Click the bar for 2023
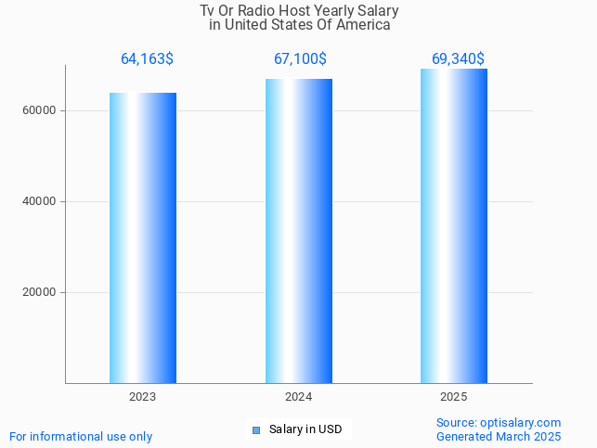point(143,237)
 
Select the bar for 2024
point(298,231)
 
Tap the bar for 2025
point(454,225)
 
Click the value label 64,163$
point(147,59)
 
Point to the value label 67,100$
point(300,59)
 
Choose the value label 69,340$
point(458,59)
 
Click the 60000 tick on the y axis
point(40,110)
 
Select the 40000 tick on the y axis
point(40,201)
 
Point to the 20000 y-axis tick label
point(40,292)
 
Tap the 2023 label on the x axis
point(142,397)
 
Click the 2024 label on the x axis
point(298,397)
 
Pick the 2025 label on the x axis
point(453,397)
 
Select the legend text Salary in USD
point(305,429)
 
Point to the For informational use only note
point(81,436)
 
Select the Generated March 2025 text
point(499,436)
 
